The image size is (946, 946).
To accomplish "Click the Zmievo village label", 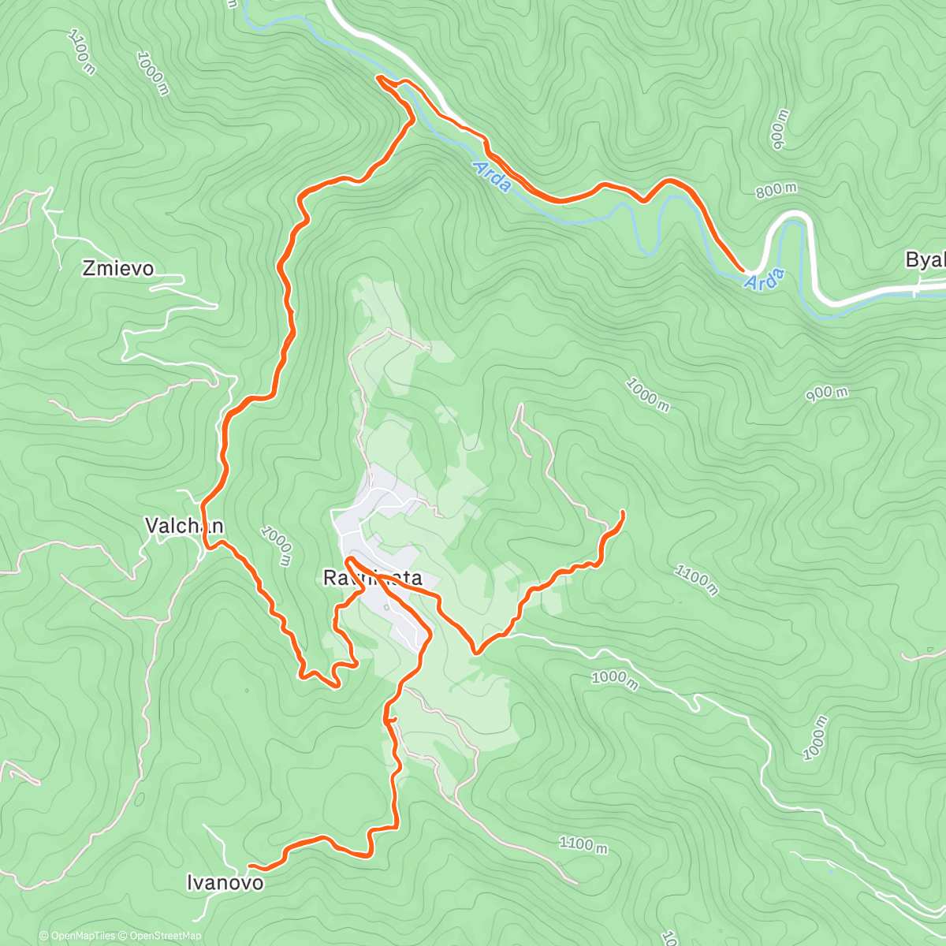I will pyautogui.click(x=118, y=269).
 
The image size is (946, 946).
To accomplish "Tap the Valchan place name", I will pyautogui.click(x=184, y=526).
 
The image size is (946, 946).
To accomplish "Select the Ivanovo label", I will pyautogui.click(x=225, y=883).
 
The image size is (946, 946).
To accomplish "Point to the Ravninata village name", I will pyautogui.click(x=372, y=579).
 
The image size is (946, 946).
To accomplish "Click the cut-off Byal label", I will pyautogui.click(x=925, y=260).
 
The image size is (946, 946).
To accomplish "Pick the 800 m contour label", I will pyautogui.click(x=775, y=190).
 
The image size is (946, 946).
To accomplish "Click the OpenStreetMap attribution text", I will pyautogui.click(x=165, y=936).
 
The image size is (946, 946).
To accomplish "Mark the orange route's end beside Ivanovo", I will pyautogui.click(x=250, y=867).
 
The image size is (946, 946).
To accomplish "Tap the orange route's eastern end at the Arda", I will pyautogui.click(x=742, y=270).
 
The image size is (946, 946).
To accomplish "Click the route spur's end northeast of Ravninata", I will pyautogui.click(x=624, y=512).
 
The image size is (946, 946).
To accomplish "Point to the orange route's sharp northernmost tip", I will pyautogui.click(x=379, y=77).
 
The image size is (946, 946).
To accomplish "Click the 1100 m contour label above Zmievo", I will pyautogui.click(x=82, y=52).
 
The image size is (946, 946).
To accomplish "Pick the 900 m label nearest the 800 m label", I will pyautogui.click(x=780, y=129).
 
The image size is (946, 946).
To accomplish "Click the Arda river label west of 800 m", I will pyautogui.click(x=492, y=176).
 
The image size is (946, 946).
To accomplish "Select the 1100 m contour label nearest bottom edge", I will pyautogui.click(x=583, y=844).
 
